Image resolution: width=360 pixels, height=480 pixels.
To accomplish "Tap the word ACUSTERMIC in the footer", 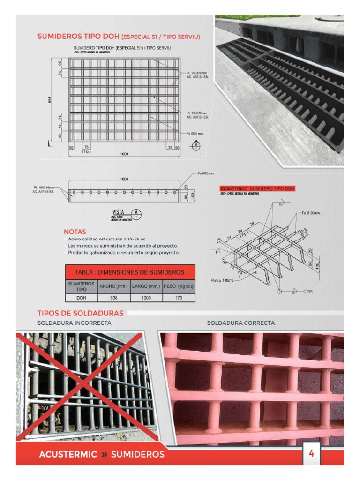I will tap(68, 454).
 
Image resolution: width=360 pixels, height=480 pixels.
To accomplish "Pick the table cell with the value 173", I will tap(179, 298).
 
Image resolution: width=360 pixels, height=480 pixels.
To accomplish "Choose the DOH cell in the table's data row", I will tap(81, 298).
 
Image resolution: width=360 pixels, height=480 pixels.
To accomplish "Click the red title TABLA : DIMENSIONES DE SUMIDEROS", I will tap(129, 272).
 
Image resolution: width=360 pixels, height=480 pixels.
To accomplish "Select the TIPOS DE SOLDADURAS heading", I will tap(80, 313).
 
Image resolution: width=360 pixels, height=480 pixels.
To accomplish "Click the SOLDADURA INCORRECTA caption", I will tap(74, 323).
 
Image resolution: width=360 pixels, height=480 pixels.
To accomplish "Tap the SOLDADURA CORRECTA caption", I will tap(241, 323).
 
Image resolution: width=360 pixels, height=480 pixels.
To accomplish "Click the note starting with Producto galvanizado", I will tap(124, 253).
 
